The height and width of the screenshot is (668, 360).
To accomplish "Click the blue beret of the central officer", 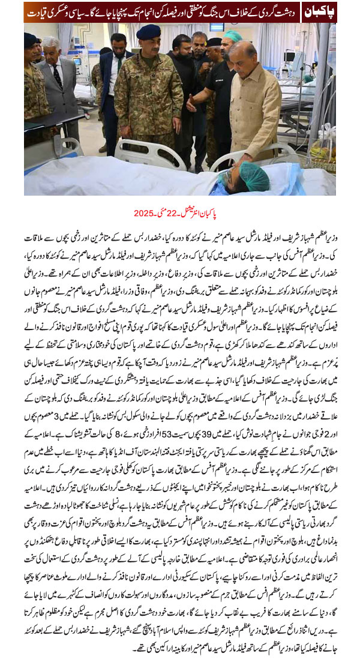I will coord(149,32).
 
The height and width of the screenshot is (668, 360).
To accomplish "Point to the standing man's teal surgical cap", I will coord(233,37).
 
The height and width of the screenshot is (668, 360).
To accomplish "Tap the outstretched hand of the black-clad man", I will coord(190,103).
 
